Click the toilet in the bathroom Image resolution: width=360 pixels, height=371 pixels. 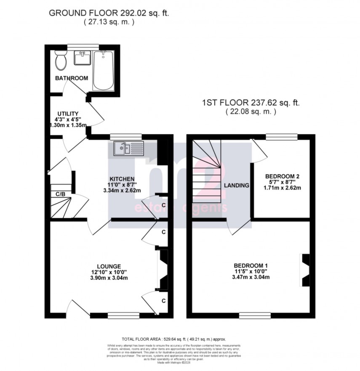tap(60, 61)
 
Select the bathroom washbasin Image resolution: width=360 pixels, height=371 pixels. tap(83, 58)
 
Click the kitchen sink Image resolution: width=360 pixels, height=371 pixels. tap(128, 148)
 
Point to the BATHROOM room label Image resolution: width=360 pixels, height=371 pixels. tap(72, 78)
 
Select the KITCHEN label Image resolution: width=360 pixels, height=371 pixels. tap(111, 178)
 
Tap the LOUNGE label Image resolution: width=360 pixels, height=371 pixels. tap(109, 266)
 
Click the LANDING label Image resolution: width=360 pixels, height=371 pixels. tap(237, 185)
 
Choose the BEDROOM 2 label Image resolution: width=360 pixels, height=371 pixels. tap(282, 176)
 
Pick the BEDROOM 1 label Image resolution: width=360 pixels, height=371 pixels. tap(251, 265)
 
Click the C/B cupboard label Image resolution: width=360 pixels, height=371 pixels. tap(61, 194)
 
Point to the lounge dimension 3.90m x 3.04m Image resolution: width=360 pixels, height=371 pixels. tap(109, 278)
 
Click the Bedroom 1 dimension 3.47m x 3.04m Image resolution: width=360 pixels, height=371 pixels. tap(251, 277)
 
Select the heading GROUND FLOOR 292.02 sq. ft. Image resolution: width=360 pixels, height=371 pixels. tap(109, 13)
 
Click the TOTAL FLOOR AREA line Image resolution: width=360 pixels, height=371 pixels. tap(180, 339)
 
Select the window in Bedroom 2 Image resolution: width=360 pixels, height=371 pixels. tap(281, 136)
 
